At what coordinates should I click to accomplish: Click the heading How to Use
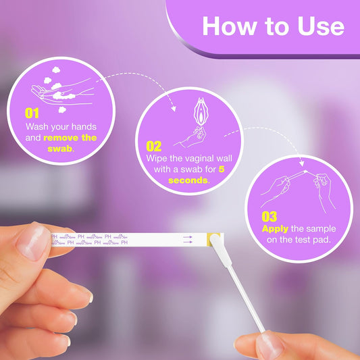click(x=273, y=26)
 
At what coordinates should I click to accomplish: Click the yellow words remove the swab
click(x=70, y=138)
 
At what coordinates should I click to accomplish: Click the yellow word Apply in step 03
click(x=275, y=228)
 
